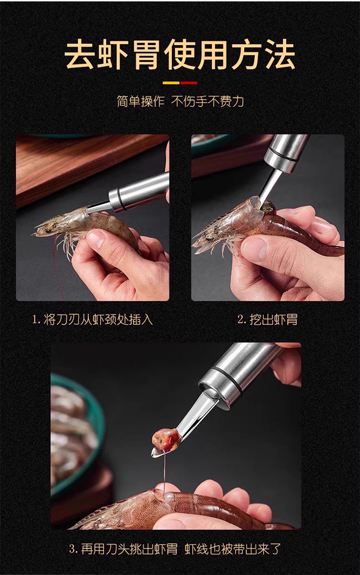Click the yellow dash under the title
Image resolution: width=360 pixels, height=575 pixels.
tap(171, 83)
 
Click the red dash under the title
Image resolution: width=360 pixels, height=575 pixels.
tap(189, 83)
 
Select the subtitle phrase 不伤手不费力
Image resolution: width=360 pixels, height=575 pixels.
tap(207, 101)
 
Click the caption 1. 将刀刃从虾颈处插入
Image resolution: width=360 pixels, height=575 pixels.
tap(93, 319)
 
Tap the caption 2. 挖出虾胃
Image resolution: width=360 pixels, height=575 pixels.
tap(267, 319)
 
